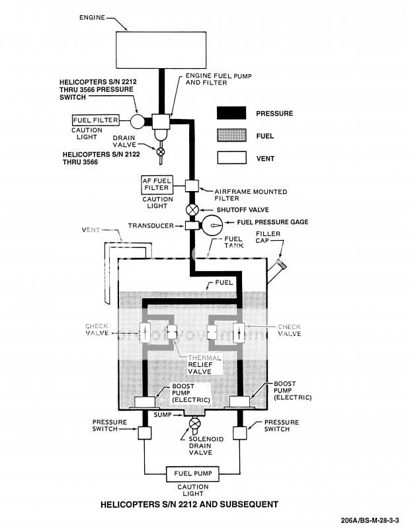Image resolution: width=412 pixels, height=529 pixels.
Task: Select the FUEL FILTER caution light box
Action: coord(96,121)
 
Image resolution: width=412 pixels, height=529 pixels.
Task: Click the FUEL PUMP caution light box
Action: coord(191,473)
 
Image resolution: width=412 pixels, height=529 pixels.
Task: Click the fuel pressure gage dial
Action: coord(214,225)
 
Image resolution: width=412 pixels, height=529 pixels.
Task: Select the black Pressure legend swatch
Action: coord(231,113)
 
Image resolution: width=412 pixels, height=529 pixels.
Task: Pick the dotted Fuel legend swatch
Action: coord(231,136)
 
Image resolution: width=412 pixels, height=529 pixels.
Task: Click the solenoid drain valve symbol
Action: coord(195,424)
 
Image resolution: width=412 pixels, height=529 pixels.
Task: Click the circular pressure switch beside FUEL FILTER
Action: coord(138,122)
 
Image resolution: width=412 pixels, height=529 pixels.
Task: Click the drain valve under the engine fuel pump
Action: coord(159,151)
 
